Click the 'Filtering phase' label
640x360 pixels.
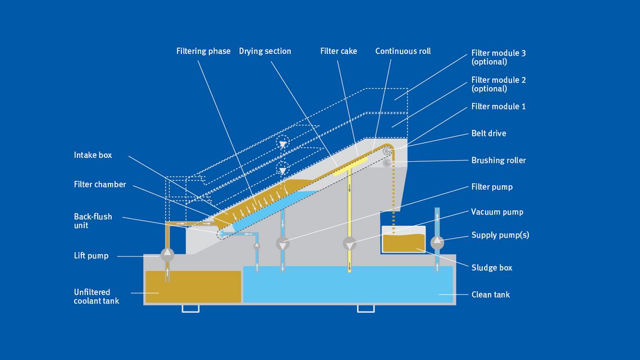pos(203,51)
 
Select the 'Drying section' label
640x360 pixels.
pos(265,51)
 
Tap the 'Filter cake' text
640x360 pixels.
pos(339,51)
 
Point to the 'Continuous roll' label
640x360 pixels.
pos(403,51)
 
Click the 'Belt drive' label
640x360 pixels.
pos(488,133)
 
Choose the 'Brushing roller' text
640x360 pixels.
pos(499,160)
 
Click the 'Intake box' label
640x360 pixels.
pos(93,155)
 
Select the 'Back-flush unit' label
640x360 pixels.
pos(93,221)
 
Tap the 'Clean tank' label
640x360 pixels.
pos(491,294)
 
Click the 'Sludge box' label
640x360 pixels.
pos(492,268)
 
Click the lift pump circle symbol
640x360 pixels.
pos(167,254)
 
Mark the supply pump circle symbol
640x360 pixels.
pos(437,242)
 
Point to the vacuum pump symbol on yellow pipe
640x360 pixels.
pos(349,244)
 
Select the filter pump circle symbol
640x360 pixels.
pos(282,244)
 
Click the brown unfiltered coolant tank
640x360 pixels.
pos(193,286)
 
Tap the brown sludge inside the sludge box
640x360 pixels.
pos(403,241)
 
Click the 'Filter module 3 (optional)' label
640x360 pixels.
pos(499,57)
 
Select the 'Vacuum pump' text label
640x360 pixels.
pos(497,212)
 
